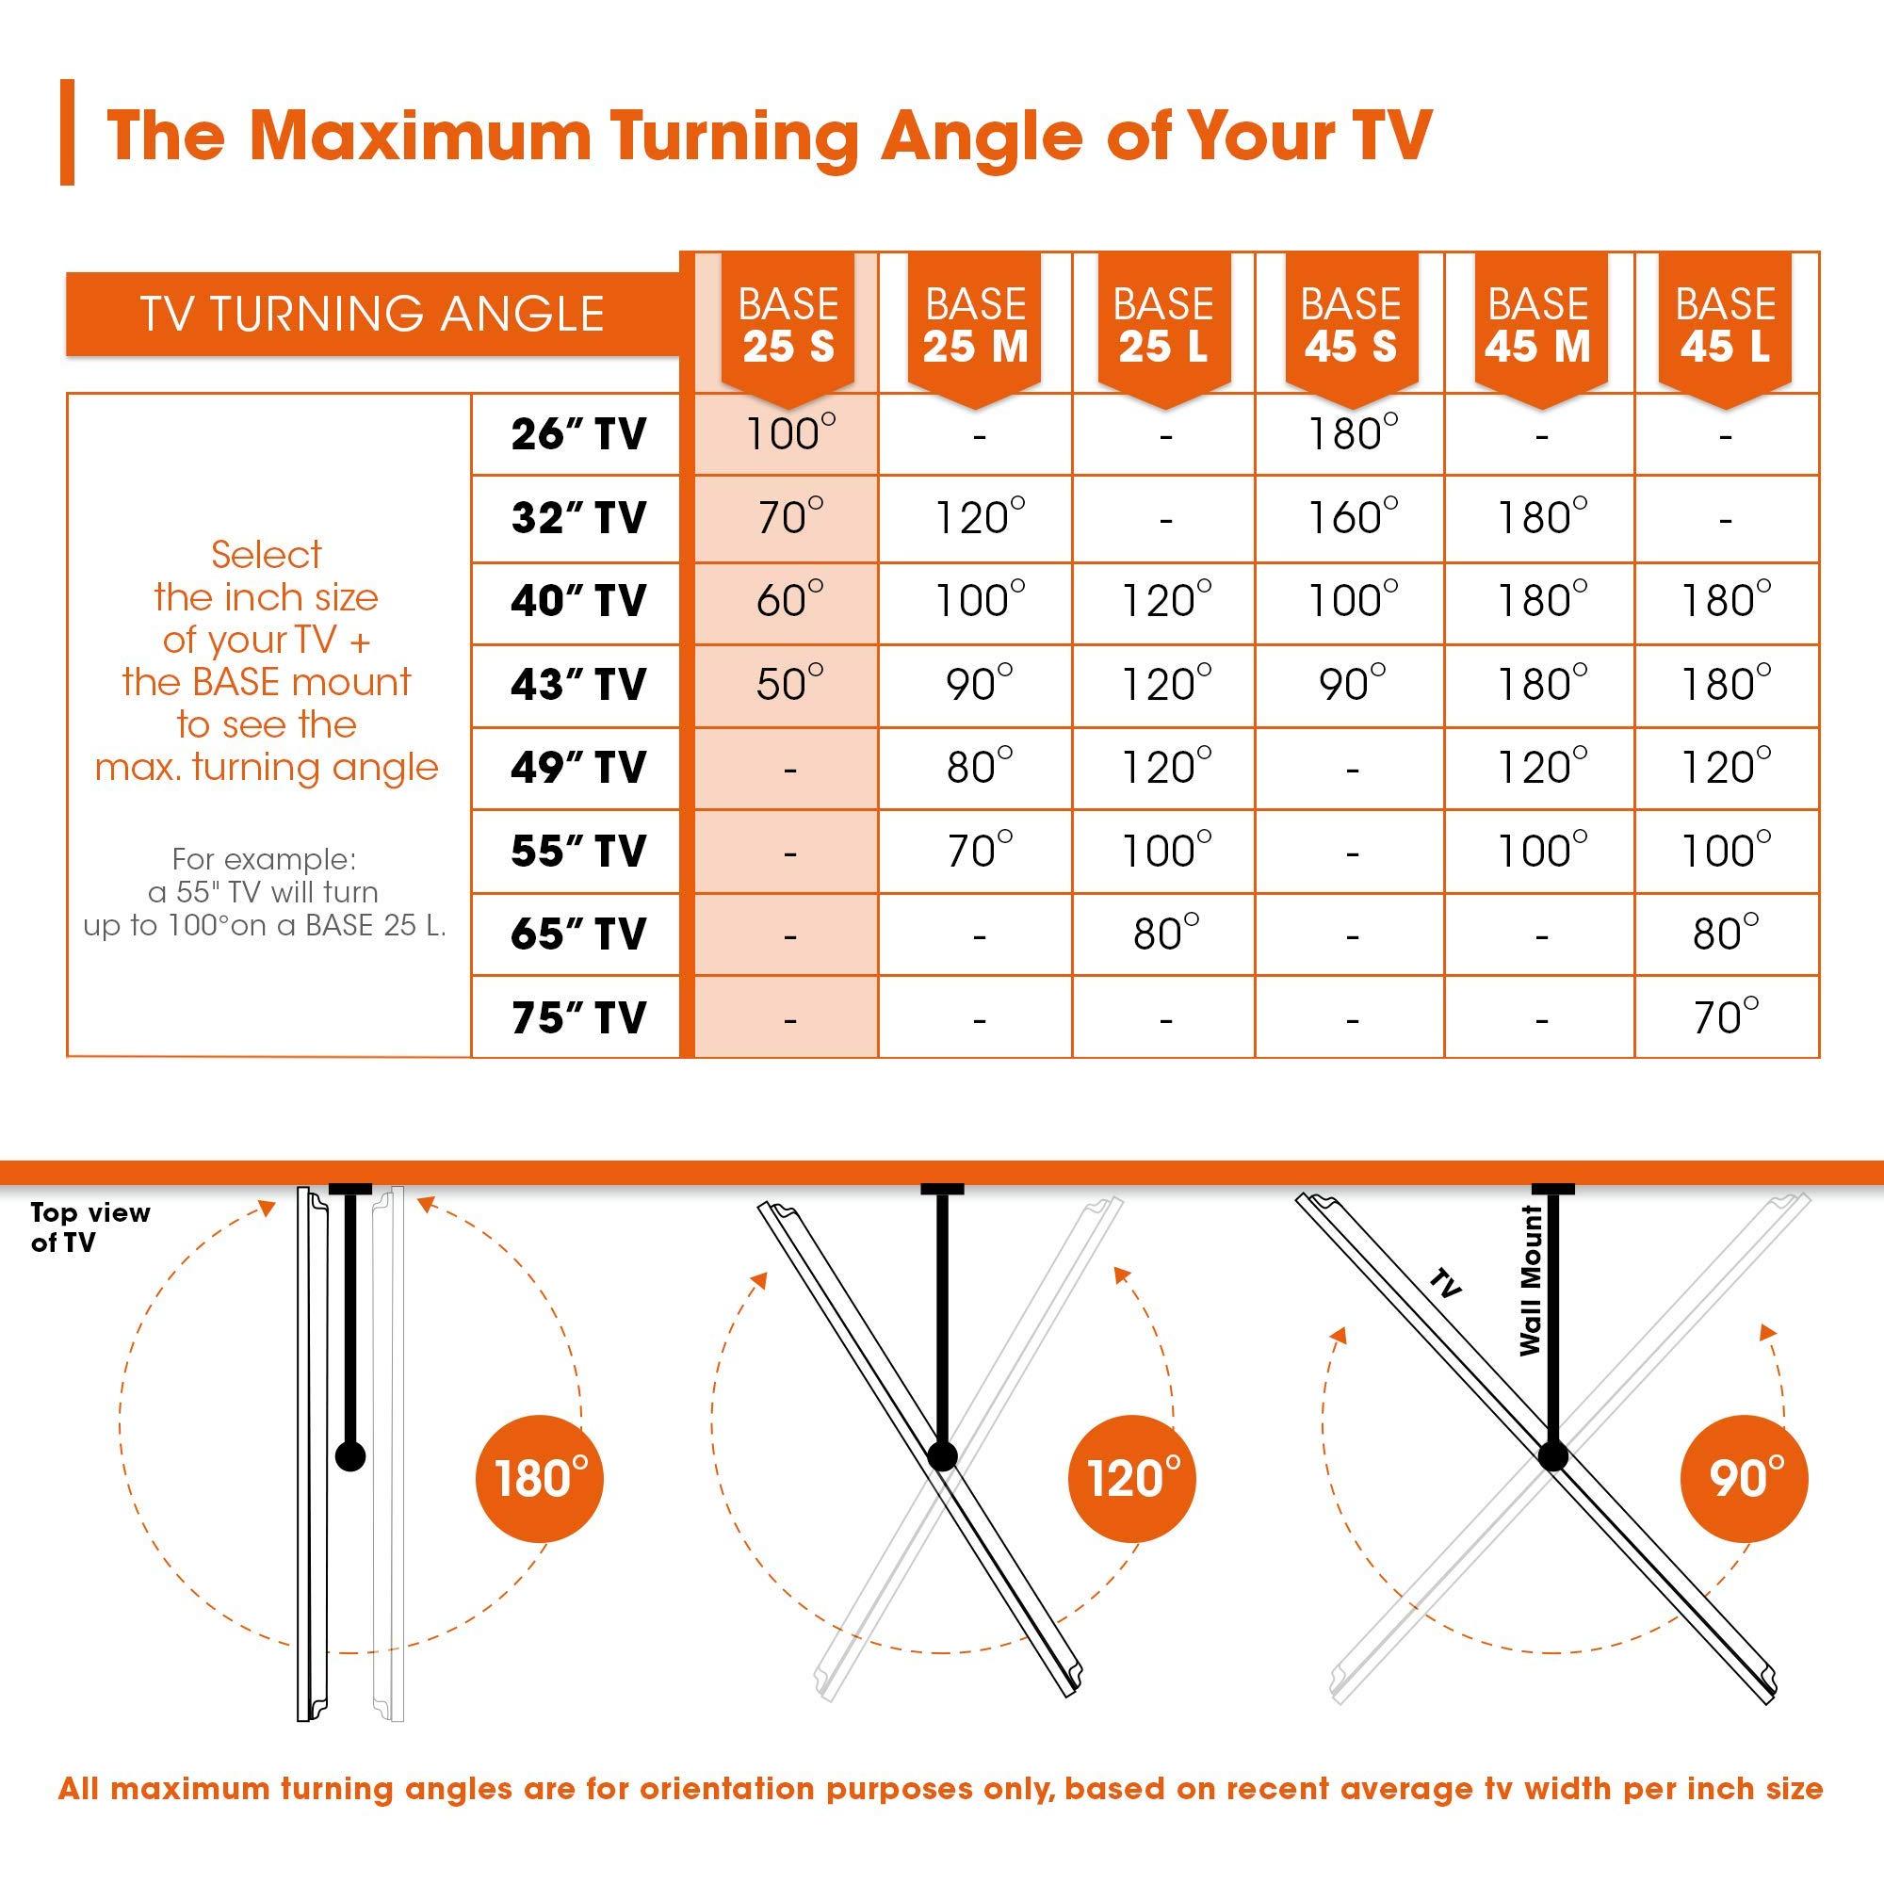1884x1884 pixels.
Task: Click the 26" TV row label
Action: pos(578,434)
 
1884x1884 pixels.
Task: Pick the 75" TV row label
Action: pos(578,1017)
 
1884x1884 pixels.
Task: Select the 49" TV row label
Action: pos(578,768)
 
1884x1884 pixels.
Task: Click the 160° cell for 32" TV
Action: pos(1353,517)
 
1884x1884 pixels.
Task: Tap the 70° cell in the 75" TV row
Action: pos(1726,1017)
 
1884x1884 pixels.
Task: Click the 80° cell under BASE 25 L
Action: pos(1165,934)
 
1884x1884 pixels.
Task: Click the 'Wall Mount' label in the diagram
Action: pos(1531,1280)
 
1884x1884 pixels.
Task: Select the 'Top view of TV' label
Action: pos(89,1227)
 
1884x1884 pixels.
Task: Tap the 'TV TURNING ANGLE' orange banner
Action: pos(371,314)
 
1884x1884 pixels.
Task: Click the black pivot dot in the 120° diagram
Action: pos(942,1456)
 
